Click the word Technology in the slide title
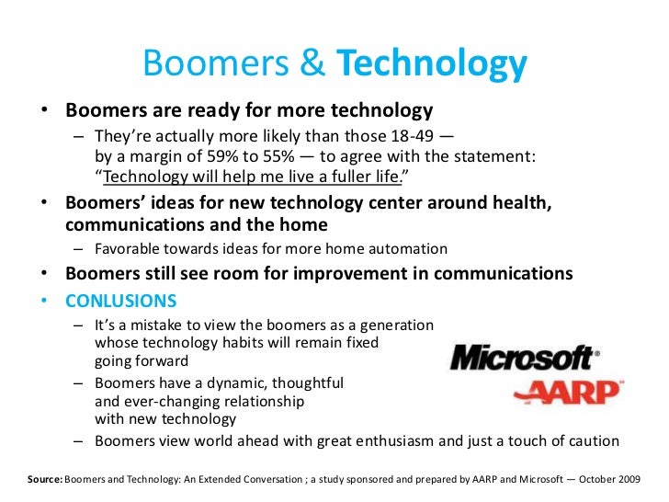432,65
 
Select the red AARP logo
566,392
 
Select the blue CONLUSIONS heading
121,302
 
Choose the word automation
408,248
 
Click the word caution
591,440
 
